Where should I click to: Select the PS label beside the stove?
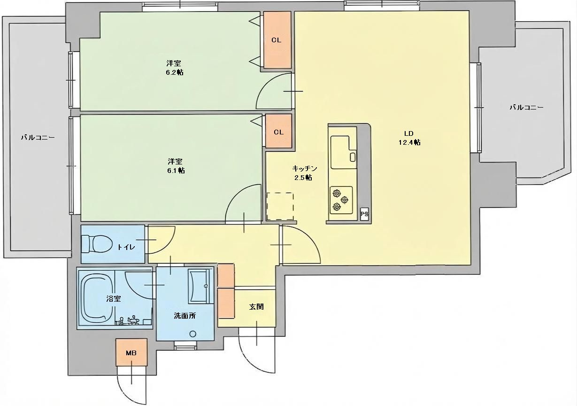tap(364, 214)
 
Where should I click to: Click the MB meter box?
tap(131, 352)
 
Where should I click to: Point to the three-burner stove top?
tap(341, 200)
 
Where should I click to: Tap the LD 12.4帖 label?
tap(409, 138)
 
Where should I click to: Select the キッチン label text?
tap(305, 169)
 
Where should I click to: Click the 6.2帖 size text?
tap(175, 72)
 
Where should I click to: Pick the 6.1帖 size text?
tap(176, 171)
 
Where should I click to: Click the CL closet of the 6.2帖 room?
tap(277, 40)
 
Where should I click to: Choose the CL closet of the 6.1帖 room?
tap(279, 131)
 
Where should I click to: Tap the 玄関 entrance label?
tap(256, 307)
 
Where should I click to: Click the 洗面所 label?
tap(185, 315)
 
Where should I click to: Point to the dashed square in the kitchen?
tap(280, 206)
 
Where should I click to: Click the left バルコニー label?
tap(38, 137)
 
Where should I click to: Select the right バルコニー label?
tap(527, 108)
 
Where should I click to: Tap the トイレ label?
tap(126, 247)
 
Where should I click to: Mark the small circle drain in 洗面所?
tap(192, 334)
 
